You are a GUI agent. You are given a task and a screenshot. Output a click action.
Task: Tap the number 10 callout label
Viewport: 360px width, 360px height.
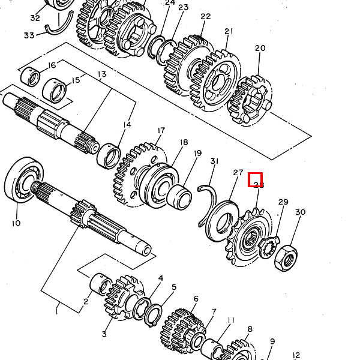[16, 223]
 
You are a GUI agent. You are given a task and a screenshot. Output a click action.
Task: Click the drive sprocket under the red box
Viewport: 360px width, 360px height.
[247, 237]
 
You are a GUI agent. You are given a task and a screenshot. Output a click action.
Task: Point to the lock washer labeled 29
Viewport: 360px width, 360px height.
[269, 245]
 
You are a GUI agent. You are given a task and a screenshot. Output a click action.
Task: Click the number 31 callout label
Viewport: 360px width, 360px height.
[215, 161]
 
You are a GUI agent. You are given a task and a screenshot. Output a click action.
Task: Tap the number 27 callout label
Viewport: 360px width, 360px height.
[238, 173]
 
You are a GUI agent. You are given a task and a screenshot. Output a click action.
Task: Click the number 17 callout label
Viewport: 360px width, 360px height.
[161, 130]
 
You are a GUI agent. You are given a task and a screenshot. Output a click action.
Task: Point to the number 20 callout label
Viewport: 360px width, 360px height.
[260, 48]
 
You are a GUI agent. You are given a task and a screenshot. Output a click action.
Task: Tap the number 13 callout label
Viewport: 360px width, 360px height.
[101, 74]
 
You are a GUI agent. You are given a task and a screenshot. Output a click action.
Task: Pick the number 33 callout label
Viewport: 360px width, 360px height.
[29, 35]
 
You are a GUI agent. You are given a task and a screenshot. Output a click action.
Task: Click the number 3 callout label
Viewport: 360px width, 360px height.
[104, 334]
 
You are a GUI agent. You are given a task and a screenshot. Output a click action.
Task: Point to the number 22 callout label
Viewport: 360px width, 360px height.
[206, 17]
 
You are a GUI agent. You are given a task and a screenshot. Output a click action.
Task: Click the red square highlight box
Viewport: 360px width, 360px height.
[256, 179]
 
